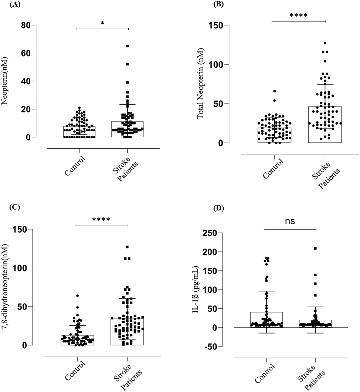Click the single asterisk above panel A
pos(102,23)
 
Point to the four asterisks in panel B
pos(299,16)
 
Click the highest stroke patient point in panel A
pos(128,46)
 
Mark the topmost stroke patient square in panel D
pos(315,249)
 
